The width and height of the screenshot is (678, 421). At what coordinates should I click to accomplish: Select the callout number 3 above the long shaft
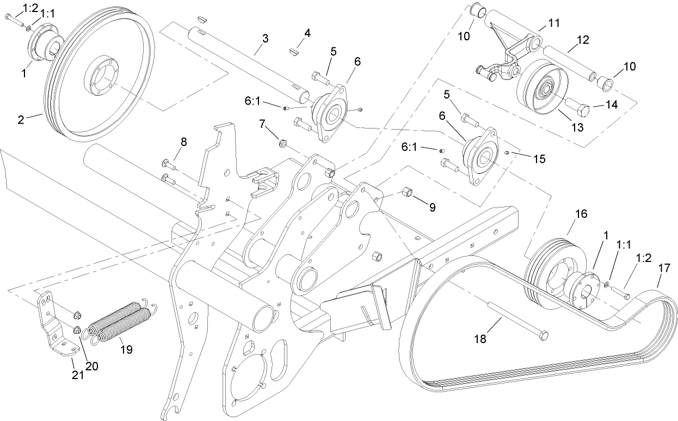click(265, 38)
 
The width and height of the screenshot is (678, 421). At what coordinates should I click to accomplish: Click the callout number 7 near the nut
click(263, 125)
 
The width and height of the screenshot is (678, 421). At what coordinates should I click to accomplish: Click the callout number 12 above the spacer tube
click(582, 39)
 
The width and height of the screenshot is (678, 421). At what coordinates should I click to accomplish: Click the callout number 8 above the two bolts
click(183, 142)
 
